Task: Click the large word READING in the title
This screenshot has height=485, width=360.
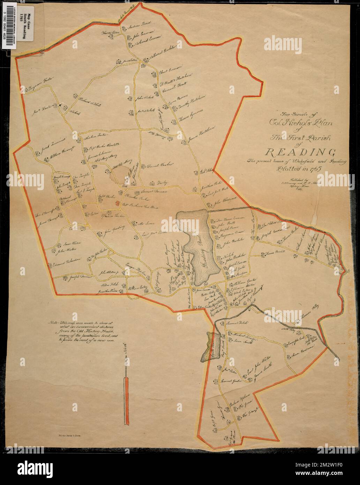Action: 301,152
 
